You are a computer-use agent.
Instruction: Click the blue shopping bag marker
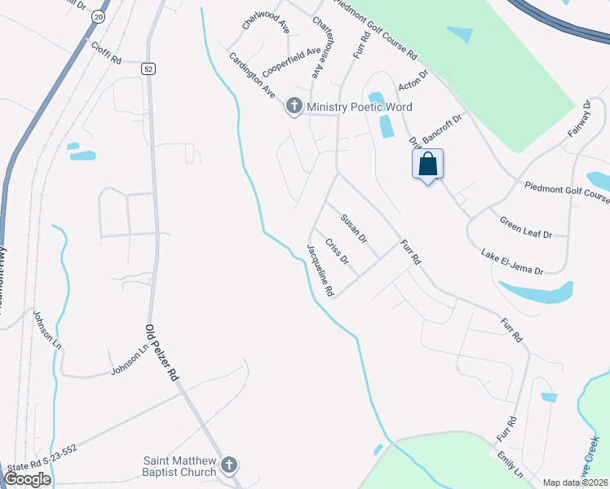(x=428, y=165)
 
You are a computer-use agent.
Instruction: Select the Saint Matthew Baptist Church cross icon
(x=229, y=465)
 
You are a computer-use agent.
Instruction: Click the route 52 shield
(x=147, y=69)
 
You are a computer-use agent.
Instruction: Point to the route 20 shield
(x=99, y=15)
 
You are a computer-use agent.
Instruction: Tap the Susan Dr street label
(x=354, y=229)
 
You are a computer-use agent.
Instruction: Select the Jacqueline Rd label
(x=320, y=270)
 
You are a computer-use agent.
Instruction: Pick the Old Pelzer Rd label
(x=161, y=353)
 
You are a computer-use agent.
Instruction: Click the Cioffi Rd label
(x=106, y=55)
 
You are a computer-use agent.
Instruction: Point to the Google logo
(x=27, y=478)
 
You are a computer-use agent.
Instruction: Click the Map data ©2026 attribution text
(x=576, y=482)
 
